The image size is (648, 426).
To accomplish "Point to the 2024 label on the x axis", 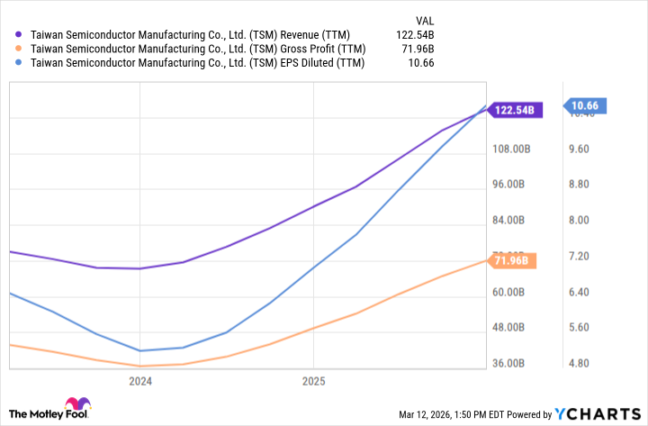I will coord(140,381).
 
